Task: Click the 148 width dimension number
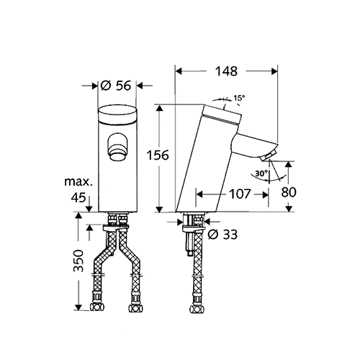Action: (226, 71)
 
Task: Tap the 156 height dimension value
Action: (158, 155)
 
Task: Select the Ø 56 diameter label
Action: (116, 86)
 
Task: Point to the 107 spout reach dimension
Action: (240, 194)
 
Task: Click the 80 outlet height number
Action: (289, 192)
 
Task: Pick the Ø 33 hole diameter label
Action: (222, 235)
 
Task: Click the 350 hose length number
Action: (78, 261)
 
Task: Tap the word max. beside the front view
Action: (78, 181)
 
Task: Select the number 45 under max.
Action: (78, 197)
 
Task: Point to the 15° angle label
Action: (240, 98)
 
